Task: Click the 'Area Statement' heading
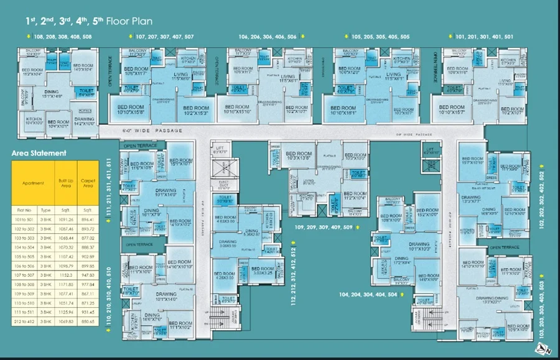tap(39, 153)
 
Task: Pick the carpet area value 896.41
tap(88, 219)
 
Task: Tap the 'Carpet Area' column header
tap(88, 183)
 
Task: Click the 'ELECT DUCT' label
tap(224, 184)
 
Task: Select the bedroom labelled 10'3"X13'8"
tap(299, 156)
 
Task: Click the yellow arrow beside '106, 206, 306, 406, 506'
tap(302, 37)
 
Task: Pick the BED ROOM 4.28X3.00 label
tap(224, 275)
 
